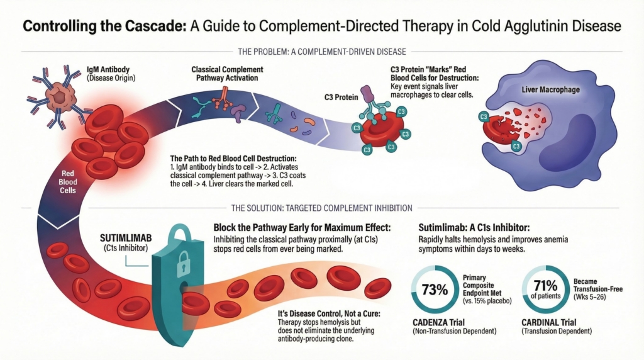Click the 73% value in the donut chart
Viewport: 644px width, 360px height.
(x=435, y=290)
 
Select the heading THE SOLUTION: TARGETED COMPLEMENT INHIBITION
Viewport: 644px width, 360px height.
(x=321, y=208)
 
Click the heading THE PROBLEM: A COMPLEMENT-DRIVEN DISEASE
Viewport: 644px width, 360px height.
(x=321, y=50)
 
